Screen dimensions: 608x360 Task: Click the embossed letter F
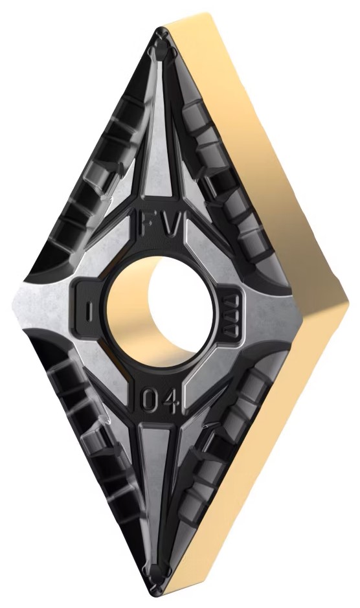[147, 223]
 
